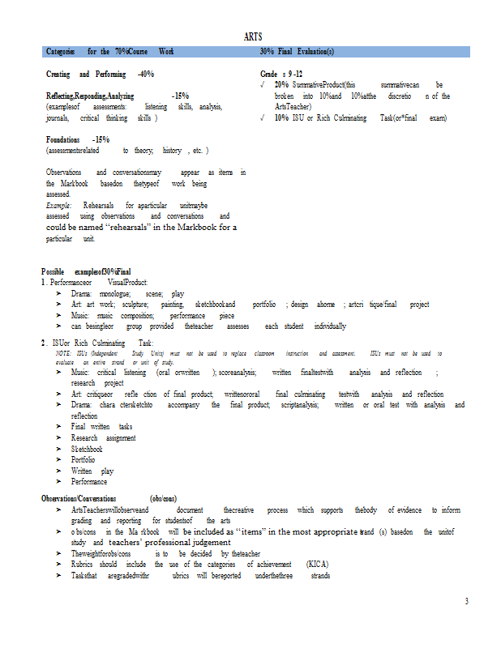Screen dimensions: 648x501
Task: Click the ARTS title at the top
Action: pyautogui.click(x=252, y=36)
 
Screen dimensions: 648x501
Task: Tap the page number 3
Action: pyautogui.click(x=466, y=601)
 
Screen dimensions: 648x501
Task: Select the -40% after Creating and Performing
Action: pyautogui.click(x=146, y=74)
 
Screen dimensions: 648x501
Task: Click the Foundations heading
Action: pyautogui.click(x=62, y=139)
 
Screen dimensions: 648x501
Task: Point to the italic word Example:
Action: pyautogui.click(x=59, y=206)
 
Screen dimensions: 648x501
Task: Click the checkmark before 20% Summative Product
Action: pyautogui.click(x=263, y=84)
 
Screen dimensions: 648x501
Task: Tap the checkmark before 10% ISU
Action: pyautogui.click(x=263, y=117)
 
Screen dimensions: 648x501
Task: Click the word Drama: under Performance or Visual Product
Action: pyautogui.click(x=81, y=294)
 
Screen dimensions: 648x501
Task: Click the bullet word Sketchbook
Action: pyautogui.click(x=87, y=449)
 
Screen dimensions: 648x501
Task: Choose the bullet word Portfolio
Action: pyautogui.click(x=83, y=459)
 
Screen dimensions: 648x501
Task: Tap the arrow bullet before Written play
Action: pyautogui.click(x=59, y=471)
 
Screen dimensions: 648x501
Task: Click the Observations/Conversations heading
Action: pyautogui.click(x=79, y=498)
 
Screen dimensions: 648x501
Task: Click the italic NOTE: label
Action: pyautogui.click(x=62, y=354)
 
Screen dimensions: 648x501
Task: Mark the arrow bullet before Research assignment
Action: pyautogui.click(x=59, y=437)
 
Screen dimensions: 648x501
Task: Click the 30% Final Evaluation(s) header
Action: pyautogui.click(x=297, y=52)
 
